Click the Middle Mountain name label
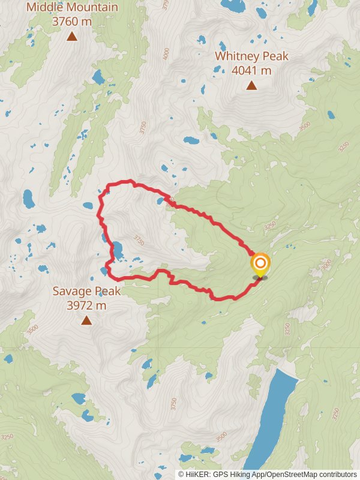point(71,8)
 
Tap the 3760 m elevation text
point(71,22)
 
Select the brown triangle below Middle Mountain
point(72,37)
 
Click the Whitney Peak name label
point(251,56)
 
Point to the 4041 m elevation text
point(251,70)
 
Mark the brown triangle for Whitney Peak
point(251,85)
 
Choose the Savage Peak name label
point(86,292)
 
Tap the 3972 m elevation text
point(86,305)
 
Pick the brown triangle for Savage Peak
point(86,320)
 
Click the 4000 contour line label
point(166,53)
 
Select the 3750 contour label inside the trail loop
point(139,240)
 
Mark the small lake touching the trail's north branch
point(160,201)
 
